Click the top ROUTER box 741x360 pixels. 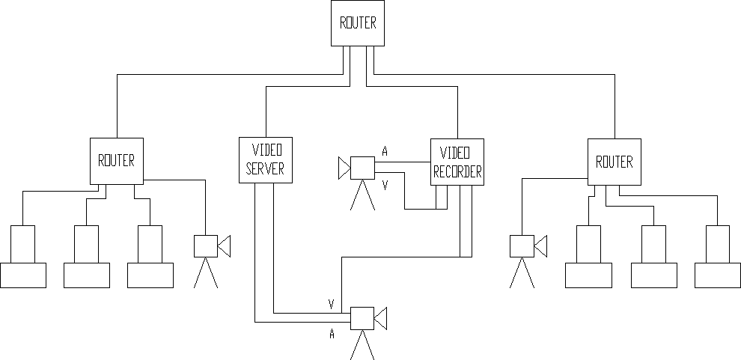pyautogui.click(x=358, y=23)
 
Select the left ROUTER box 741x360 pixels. pyautogui.click(x=116, y=161)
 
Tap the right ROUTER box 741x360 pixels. pyautogui.click(x=614, y=162)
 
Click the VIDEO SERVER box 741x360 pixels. pyautogui.click(x=266, y=160)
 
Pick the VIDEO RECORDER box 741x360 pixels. pyautogui.click(x=457, y=162)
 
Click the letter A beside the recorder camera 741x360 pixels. pyautogui.click(x=385, y=152)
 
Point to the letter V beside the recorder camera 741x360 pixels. pyautogui.click(x=385, y=183)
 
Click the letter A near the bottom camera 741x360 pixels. pyautogui.click(x=331, y=335)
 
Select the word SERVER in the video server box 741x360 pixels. pyautogui.click(x=266, y=170)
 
